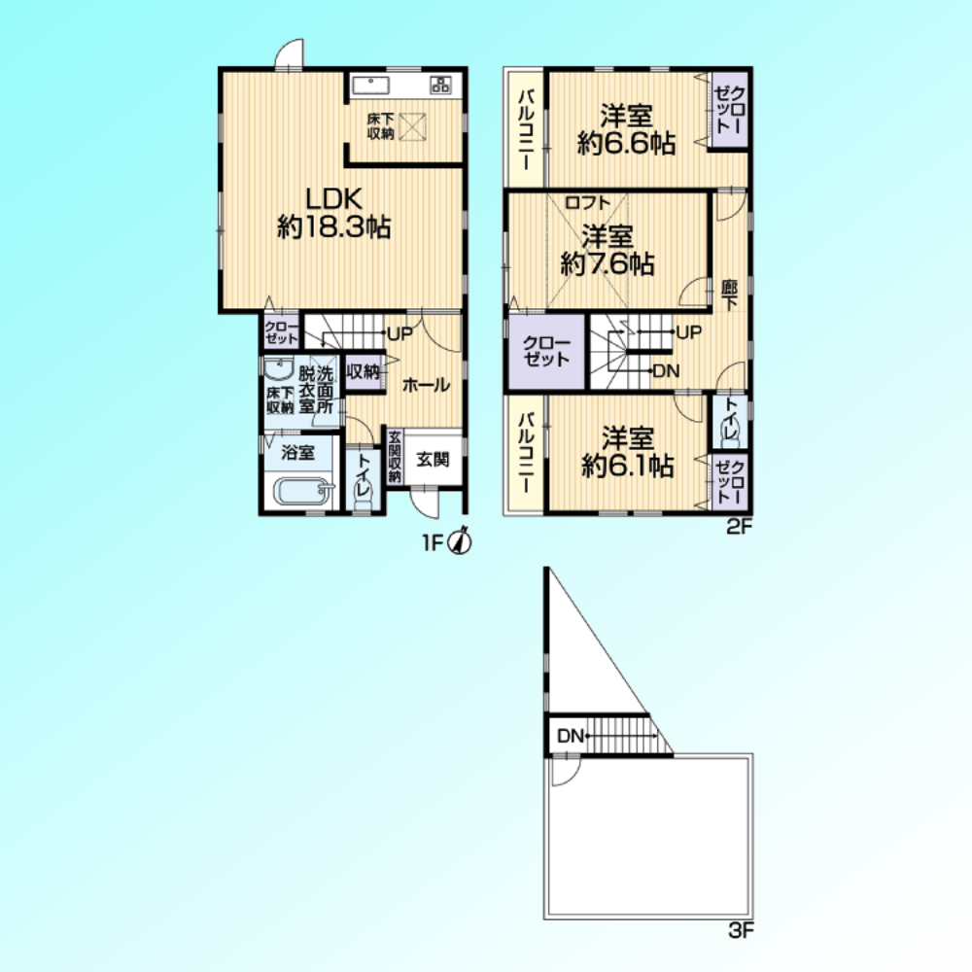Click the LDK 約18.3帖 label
[x=333, y=213]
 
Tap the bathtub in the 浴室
[x=302, y=491]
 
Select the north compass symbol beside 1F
[x=461, y=541]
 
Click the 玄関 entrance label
[x=433, y=460]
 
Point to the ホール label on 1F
[x=426, y=385]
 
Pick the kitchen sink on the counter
[x=370, y=85]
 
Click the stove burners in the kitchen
[x=440, y=85]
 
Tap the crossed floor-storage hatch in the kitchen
[x=411, y=127]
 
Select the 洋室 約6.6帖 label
[x=626, y=129]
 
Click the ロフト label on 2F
[x=587, y=202]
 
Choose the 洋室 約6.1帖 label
[x=627, y=452]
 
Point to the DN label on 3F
[x=571, y=736]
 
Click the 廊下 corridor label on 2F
[x=729, y=295]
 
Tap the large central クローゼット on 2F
[x=546, y=352]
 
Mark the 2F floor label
[x=739, y=527]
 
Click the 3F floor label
[x=741, y=930]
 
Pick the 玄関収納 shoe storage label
[x=395, y=456]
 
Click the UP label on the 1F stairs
[x=399, y=333]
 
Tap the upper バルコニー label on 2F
[x=526, y=129]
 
